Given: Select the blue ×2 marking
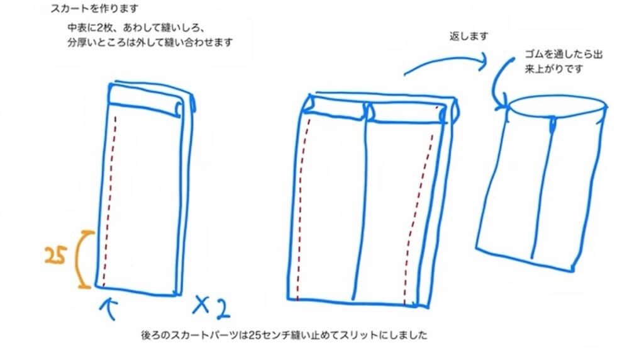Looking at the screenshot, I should click(x=211, y=307).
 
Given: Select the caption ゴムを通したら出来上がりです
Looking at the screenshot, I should click(x=563, y=62).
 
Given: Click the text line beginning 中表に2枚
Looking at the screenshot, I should click(x=136, y=29).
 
